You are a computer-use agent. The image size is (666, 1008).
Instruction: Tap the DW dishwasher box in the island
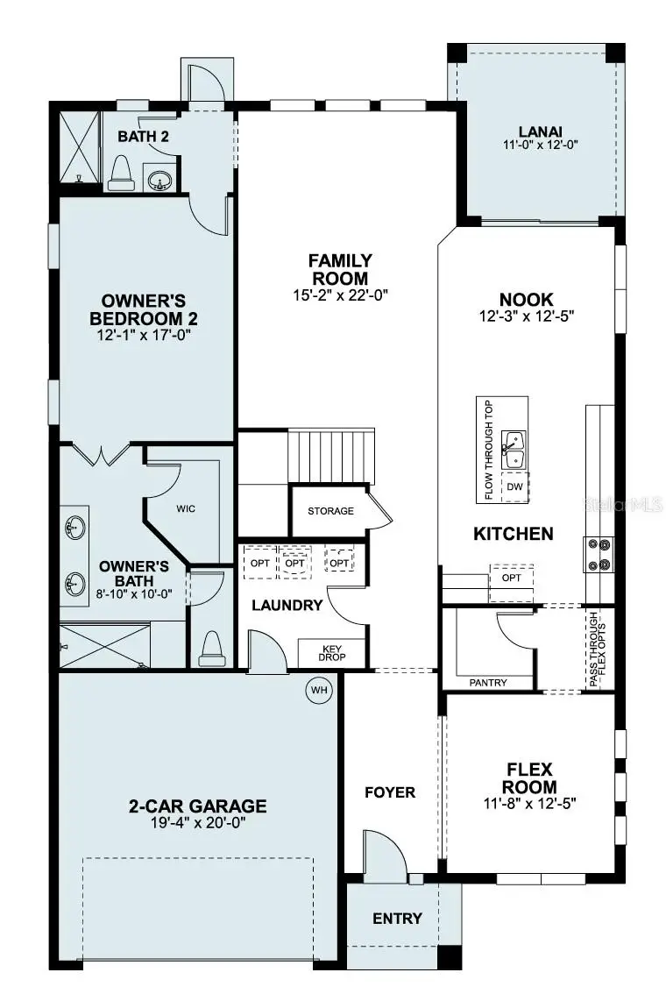[514, 486]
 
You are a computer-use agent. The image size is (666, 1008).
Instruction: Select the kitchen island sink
[514, 451]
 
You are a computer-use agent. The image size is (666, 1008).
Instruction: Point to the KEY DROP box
[331, 652]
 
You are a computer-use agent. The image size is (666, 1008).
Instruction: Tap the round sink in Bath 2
[159, 181]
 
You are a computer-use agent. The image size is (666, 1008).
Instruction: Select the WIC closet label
[186, 508]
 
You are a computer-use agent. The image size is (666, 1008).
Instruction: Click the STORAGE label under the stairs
[330, 511]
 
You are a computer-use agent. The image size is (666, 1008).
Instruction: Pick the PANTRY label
[488, 682]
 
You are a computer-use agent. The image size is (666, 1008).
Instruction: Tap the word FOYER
[390, 792]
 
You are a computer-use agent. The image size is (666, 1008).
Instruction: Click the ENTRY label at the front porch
[397, 919]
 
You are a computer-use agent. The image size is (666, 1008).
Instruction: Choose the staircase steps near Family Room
[332, 456]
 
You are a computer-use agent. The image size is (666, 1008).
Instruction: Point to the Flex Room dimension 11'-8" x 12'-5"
[529, 802]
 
